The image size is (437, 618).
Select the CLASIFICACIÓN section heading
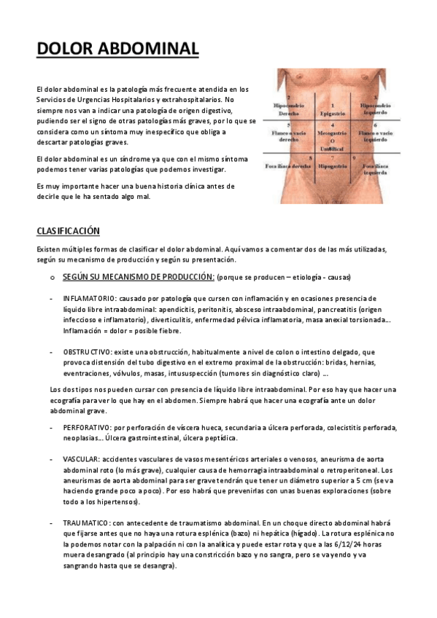pos(68,231)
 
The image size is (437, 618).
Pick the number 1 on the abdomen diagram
pos(333,106)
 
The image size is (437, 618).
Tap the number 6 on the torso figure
pos(375,125)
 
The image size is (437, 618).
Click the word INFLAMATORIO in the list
pos(89,299)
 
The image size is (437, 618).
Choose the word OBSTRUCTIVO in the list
pos(87,351)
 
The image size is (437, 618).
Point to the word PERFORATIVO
pos(88,428)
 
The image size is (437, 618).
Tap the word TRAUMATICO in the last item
pos(87,524)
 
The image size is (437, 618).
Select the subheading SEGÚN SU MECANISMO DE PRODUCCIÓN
pos(139,278)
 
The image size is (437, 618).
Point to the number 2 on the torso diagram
pos(290,97)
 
